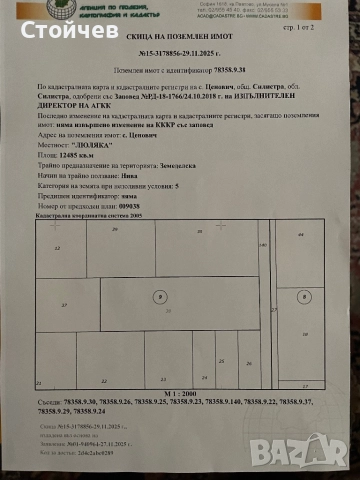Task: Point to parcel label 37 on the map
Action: coord(65,304)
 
